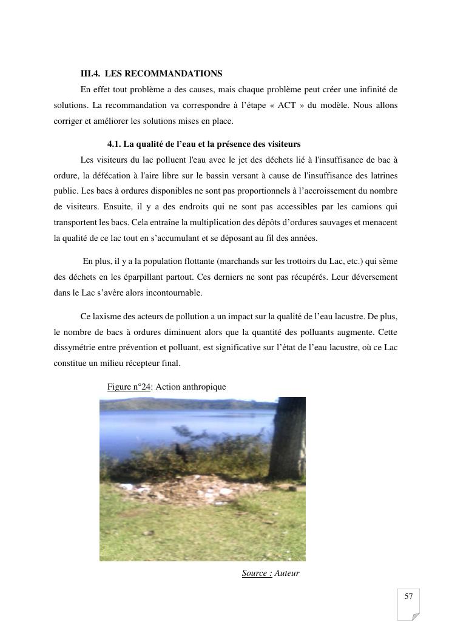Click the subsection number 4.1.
pyautogui.click(x=114, y=144)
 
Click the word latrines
pyautogui.click(x=381, y=175)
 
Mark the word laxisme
pyautogui.click(x=107, y=316)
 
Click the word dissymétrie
pyautogui.click(x=75, y=348)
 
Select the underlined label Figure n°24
pyautogui.click(x=129, y=387)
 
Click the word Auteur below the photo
pyautogui.click(x=287, y=573)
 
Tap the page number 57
pyautogui.click(x=408, y=597)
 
